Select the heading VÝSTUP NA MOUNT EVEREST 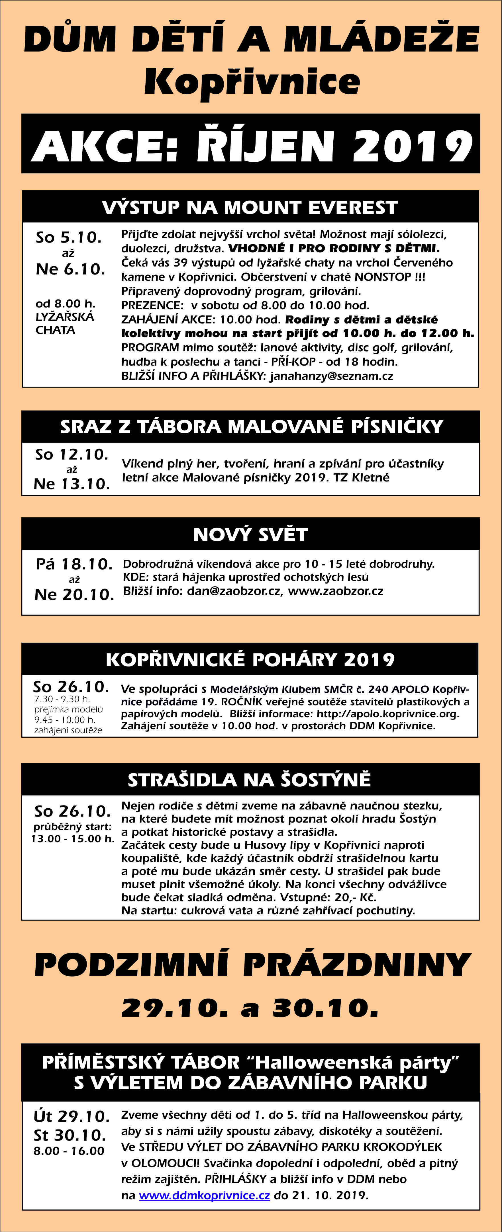click(250, 207)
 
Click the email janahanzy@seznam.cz click(331, 376)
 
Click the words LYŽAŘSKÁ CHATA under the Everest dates click(65, 323)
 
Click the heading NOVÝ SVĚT click(250, 534)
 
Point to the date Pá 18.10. click(74, 564)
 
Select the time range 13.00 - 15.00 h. click(73, 839)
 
